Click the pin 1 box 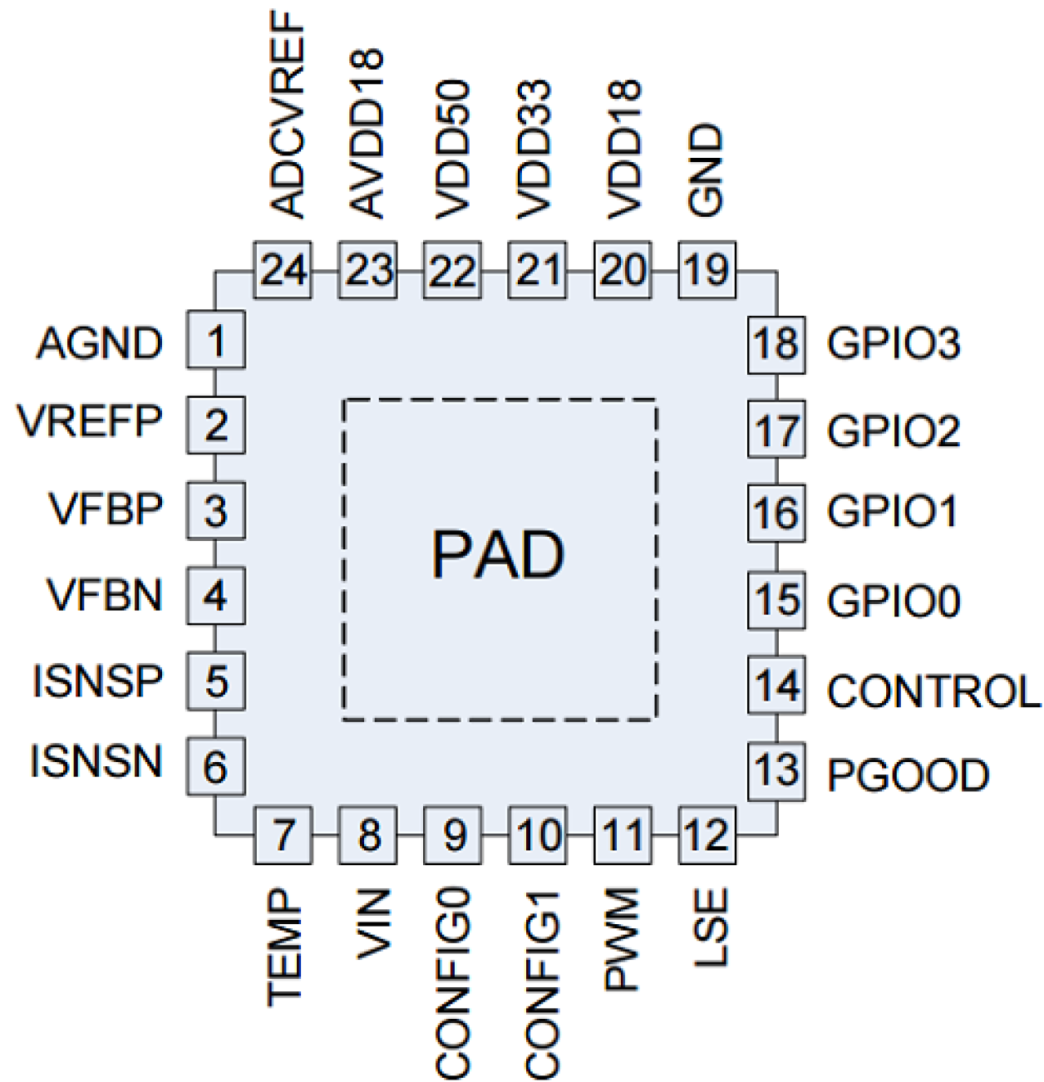pos(215,340)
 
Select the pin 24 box pos(282,270)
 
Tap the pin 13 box pos(776,771)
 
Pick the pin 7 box pos(283,834)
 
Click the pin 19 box pos(707,270)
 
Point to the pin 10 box pos(538,834)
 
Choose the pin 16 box pos(776,513)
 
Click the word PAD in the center pos(498,554)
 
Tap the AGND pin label pos(99,343)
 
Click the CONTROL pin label pos(933,691)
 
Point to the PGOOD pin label pos(908,775)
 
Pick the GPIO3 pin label pos(894,343)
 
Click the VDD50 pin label pos(453,150)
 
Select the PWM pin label pos(622,939)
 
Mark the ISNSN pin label pos(96,761)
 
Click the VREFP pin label pos(90,421)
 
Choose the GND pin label pos(707,170)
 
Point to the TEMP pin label pos(283,947)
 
